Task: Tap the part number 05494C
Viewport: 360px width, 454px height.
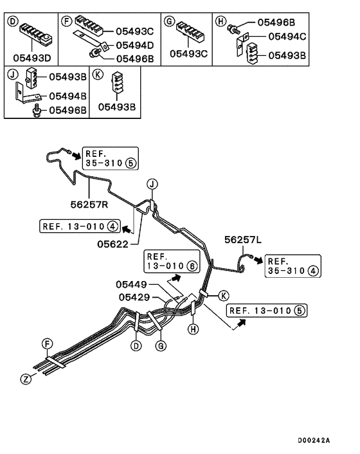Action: pyautogui.click(x=286, y=37)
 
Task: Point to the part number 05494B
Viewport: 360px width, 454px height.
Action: pyautogui.click(x=62, y=96)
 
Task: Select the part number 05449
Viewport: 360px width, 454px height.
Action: pyautogui.click(x=132, y=284)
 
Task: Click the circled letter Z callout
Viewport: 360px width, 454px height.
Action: pyautogui.click(x=26, y=379)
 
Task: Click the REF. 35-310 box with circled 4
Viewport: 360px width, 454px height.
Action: pyautogui.click(x=292, y=266)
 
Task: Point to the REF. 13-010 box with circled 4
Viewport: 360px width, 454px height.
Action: pyautogui.click(x=79, y=226)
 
